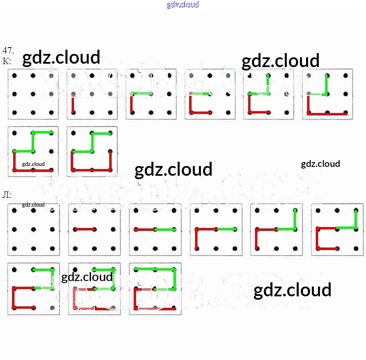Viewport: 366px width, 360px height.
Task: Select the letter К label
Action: pos(7,61)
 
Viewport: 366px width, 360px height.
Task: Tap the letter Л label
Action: pos(7,195)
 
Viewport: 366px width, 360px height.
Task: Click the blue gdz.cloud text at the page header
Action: pos(183,5)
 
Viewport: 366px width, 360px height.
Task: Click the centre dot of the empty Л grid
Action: pos(33,229)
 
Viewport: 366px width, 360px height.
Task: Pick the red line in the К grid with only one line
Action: pos(74,103)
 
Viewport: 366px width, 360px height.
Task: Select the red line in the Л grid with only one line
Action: pos(85,229)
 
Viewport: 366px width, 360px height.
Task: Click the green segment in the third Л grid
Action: pos(165,230)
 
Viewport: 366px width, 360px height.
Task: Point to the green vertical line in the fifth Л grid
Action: pos(295,219)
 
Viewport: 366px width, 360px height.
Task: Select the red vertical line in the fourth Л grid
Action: pos(197,239)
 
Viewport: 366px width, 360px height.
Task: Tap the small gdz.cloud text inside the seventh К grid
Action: pos(33,164)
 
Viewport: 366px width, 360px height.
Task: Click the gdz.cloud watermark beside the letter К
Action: pos(61,57)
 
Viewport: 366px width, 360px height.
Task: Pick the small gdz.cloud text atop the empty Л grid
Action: pos(33,205)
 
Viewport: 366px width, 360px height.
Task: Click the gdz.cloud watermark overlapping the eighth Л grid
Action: pos(87,278)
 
